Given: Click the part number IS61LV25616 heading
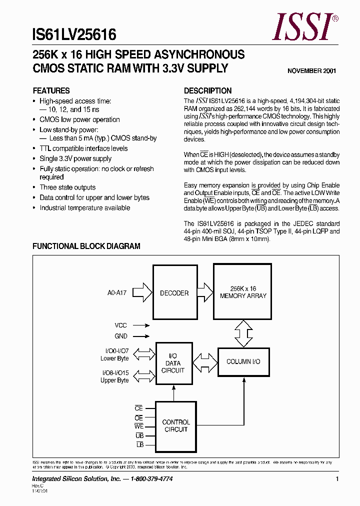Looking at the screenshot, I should [74, 34].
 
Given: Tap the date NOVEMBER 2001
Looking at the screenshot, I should [311, 71].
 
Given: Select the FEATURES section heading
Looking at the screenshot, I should [51, 91].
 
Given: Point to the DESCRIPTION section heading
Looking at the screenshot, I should [207, 91].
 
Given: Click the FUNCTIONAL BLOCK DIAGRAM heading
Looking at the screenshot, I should [86, 246].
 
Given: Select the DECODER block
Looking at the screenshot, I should [174, 293].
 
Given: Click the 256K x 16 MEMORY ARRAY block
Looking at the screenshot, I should [243, 292].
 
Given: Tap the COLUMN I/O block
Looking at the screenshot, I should [243, 361].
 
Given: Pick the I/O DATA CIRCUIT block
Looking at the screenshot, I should [173, 363].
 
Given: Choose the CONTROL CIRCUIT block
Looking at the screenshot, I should [175, 425].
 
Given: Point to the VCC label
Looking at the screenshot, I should [121, 324].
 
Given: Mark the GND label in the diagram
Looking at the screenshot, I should [121, 336].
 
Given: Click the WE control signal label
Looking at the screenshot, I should [139, 426].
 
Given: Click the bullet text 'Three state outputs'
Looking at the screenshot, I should [67, 187].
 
